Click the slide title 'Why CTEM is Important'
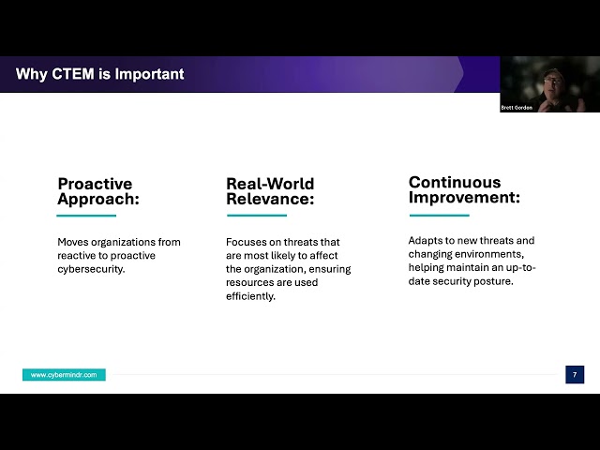(100, 74)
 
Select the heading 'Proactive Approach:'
(95, 191)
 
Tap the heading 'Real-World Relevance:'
(270, 191)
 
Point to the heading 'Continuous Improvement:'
(455, 189)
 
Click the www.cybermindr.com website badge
(64, 375)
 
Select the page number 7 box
(575, 375)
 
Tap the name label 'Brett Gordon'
(517, 108)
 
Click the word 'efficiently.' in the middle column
(250, 296)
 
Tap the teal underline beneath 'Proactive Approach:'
(86, 216)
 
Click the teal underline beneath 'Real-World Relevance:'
(255, 216)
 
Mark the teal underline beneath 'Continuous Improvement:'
(438, 214)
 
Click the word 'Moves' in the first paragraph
(72, 242)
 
